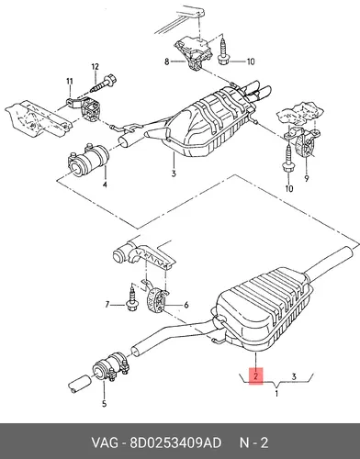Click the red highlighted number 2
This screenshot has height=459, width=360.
coord(256,375)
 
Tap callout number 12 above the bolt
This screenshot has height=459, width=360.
coord(96,66)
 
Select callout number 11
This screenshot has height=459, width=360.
coord(70,82)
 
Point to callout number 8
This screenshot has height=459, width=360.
coord(166,62)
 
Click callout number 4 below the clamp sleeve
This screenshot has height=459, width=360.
coord(105,185)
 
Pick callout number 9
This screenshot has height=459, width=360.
coord(307,178)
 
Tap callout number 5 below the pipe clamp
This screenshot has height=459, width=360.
coord(104,404)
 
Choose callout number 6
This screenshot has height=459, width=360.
coord(186,305)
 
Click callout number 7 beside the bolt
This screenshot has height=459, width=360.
coord(107,305)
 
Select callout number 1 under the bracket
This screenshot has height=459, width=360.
coord(276,393)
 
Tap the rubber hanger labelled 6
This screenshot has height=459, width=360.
coord(156,299)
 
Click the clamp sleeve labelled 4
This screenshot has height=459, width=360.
coord(88,160)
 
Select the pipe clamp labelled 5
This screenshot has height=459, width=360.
coord(110,367)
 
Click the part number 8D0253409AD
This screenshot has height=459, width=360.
coord(175,442)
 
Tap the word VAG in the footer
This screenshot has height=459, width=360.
coord(105,442)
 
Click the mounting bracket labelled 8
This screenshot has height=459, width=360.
coord(194,52)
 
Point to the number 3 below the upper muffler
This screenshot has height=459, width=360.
coord(174,174)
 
